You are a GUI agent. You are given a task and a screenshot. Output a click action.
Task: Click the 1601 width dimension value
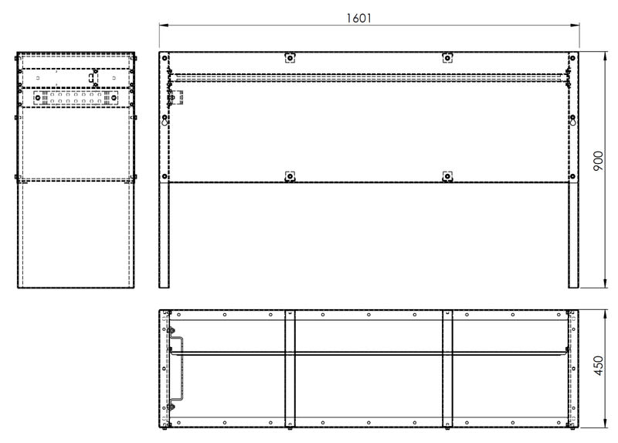[x=358, y=18]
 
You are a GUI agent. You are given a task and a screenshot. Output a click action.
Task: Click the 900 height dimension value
[x=598, y=161]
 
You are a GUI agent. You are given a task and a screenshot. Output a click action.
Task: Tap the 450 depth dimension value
[x=598, y=365]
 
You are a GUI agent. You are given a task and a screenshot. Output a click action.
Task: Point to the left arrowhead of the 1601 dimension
[x=164, y=26]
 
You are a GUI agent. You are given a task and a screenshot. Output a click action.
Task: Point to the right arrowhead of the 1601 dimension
[x=575, y=26]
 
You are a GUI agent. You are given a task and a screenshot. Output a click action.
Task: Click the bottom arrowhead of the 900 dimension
[x=605, y=283]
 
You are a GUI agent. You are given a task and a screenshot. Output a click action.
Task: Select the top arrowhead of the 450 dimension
[x=605, y=315]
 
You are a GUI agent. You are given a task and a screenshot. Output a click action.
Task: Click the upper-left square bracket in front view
[x=290, y=58]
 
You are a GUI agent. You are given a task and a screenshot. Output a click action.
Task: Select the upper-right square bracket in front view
[x=447, y=58]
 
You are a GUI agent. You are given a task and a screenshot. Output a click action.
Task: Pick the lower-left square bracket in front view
[x=290, y=176]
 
